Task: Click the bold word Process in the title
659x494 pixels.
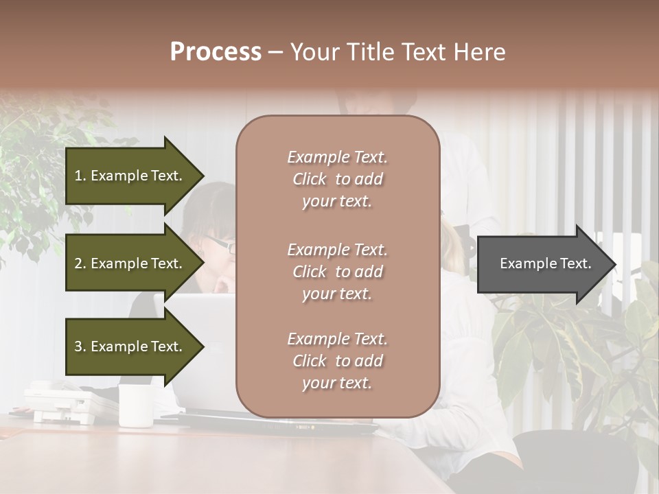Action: point(216,52)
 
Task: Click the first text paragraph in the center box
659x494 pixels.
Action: point(337,179)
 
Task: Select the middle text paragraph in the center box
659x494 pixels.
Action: point(337,272)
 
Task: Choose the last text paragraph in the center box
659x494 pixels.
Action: point(337,361)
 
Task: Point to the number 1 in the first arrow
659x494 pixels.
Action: point(78,176)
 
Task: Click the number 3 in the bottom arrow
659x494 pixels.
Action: point(78,346)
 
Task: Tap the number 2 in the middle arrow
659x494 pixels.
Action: point(78,263)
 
